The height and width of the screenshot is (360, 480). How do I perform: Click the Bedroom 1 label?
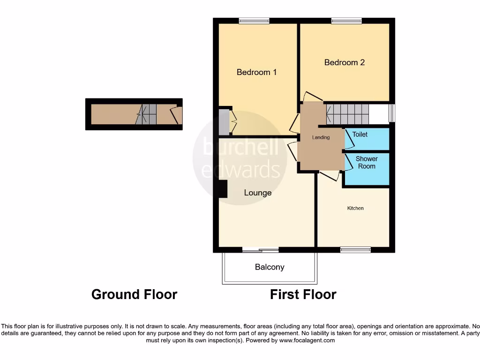coord(256,72)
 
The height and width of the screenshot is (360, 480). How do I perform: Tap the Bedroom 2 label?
coord(345,62)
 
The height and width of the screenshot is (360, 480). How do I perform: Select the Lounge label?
coord(258,193)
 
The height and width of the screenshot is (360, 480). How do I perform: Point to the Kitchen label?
coord(355,208)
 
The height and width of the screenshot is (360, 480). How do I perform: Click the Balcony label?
coord(270,267)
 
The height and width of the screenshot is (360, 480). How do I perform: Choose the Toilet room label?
coord(360,135)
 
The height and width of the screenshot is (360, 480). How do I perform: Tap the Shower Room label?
coord(367,162)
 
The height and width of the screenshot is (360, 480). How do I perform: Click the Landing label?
coord(321,137)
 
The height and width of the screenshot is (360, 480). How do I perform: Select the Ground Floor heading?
coord(134,294)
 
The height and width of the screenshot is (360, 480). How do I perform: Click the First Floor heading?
coord(303,294)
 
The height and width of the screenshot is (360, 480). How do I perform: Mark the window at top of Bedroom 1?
coord(254,21)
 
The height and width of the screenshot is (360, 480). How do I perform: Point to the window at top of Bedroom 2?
coord(346,21)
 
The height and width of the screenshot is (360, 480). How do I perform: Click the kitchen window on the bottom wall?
coord(355,250)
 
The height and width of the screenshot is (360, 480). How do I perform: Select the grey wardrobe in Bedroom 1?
coord(224,121)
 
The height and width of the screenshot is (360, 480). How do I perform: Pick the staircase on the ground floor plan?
coord(148,114)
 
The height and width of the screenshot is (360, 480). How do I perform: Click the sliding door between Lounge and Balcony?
coord(260,250)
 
